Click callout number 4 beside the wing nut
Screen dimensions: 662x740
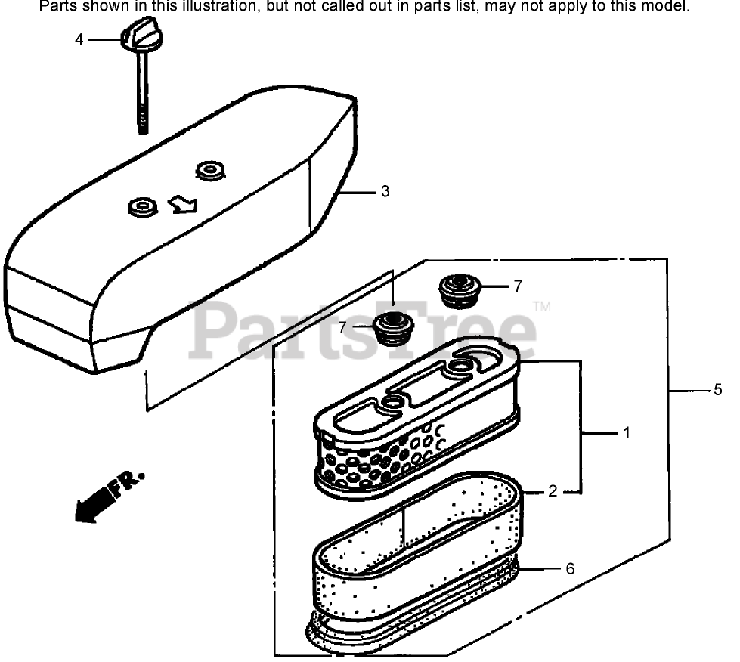[79, 39]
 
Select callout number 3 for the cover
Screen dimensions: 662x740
[385, 192]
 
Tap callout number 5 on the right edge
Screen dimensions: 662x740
[717, 390]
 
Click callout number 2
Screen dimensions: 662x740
[553, 491]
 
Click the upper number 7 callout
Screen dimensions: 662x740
[517, 286]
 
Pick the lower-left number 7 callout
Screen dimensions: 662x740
[342, 327]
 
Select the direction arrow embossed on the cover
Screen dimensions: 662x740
[183, 204]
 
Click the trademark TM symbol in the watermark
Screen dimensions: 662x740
[541, 307]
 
